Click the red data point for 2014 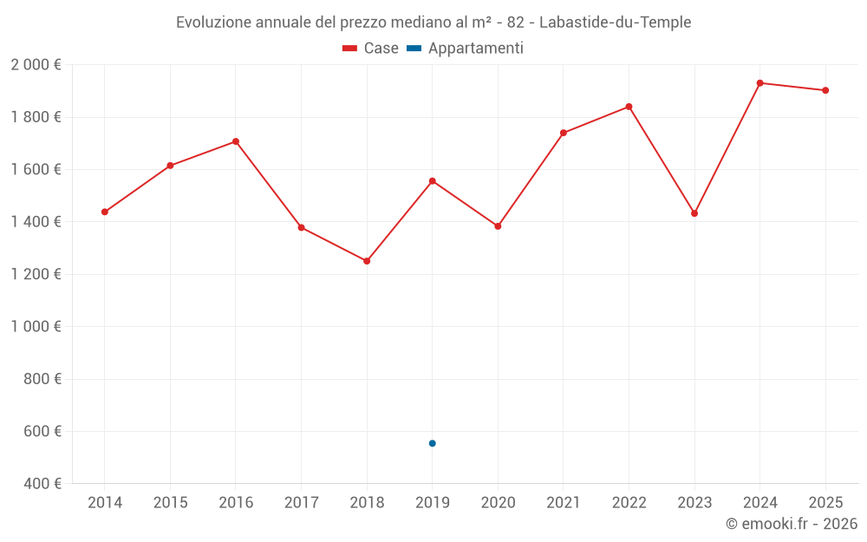[105, 212]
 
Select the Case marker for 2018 [367, 261]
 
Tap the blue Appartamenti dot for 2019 [432, 443]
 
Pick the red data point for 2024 [759, 83]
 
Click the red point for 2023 [694, 213]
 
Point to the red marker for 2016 [236, 141]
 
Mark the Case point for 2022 [629, 107]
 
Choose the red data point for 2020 [498, 226]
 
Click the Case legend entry [370, 49]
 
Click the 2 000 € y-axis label [36, 65]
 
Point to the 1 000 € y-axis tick [36, 327]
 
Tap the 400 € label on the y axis [42, 484]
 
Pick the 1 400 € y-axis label [36, 222]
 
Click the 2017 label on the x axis [301, 503]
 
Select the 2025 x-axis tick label [825, 503]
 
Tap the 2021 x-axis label [563, 503]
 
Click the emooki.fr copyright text [791, 524]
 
